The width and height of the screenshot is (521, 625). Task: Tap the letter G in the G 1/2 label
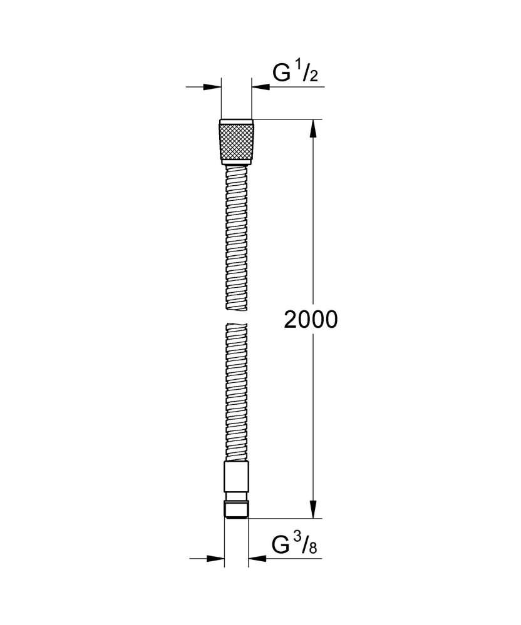pyautogui.click(x=281, y=73)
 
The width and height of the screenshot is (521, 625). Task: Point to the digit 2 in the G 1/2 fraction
pyautogui.click(x=314, y=78)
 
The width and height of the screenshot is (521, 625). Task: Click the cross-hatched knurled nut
pyautogui.click(x=236, y=143)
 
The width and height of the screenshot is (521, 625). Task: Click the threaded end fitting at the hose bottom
pyautogui.click(x=236, y=509)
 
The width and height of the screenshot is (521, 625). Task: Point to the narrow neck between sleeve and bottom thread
pyautogui.click(x=236, y=499)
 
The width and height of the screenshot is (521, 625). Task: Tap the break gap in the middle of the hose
pyautogui.click(x=236, y=315)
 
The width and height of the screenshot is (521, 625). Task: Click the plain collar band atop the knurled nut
pyautogui.click(x=236, y=121)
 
